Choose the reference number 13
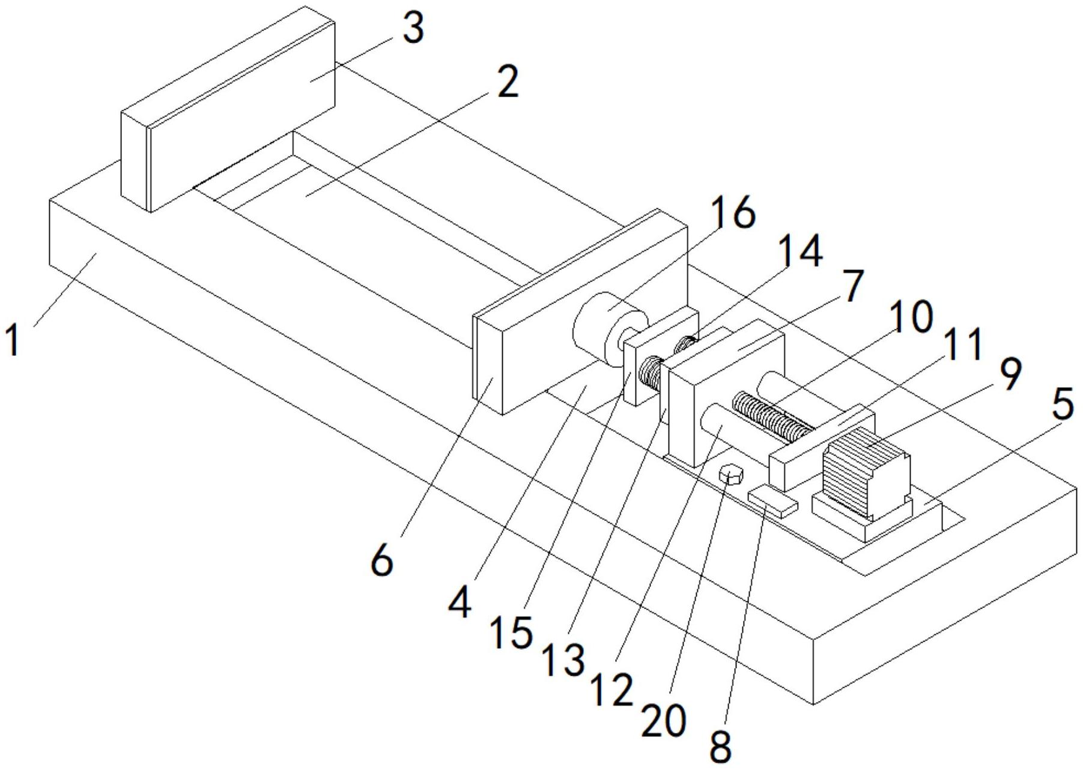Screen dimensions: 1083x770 [x=563, y=660]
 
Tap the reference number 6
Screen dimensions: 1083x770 [x=382, y=561]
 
